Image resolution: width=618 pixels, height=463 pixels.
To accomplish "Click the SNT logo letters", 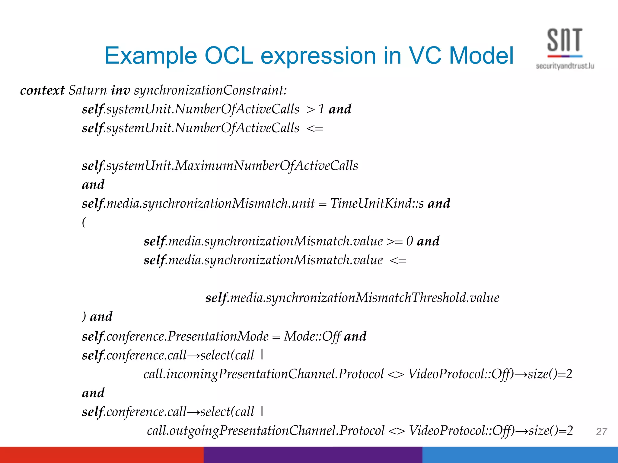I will tap(564, 40).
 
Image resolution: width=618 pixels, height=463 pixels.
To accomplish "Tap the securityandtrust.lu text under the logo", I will tap(565, 66).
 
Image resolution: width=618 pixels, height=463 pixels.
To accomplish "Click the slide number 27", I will tap(601, 432).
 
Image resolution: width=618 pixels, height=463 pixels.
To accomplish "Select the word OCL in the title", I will tap(229, 56).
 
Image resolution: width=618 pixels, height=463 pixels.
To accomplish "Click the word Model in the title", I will tap(481, 56).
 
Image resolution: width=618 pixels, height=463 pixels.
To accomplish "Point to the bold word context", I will tap(42, 90).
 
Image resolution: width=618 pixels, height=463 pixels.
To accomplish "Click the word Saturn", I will tap(88, 90).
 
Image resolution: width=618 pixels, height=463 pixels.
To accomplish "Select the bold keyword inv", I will tap(120, 90).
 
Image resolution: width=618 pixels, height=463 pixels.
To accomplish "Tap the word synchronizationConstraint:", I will tap(210, 90).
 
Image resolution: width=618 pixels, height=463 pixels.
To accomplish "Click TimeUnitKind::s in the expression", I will tap(377, 203).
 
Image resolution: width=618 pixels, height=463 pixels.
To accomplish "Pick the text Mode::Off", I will tap(312, 336).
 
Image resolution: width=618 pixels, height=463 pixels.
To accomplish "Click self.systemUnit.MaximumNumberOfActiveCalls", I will tap(220, 166).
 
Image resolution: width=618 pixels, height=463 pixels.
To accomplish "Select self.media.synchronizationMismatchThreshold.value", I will tap(352, 298).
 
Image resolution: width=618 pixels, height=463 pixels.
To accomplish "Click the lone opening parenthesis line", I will tap(84, 222).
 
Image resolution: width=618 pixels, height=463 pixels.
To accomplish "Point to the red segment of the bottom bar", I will tap(102, 455).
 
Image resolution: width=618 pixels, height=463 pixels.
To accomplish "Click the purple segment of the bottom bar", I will tap(313, 455).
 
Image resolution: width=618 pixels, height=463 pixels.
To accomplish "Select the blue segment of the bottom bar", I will tap(520, 455).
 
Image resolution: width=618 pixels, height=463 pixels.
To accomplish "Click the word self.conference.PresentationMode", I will tap(175, 336).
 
